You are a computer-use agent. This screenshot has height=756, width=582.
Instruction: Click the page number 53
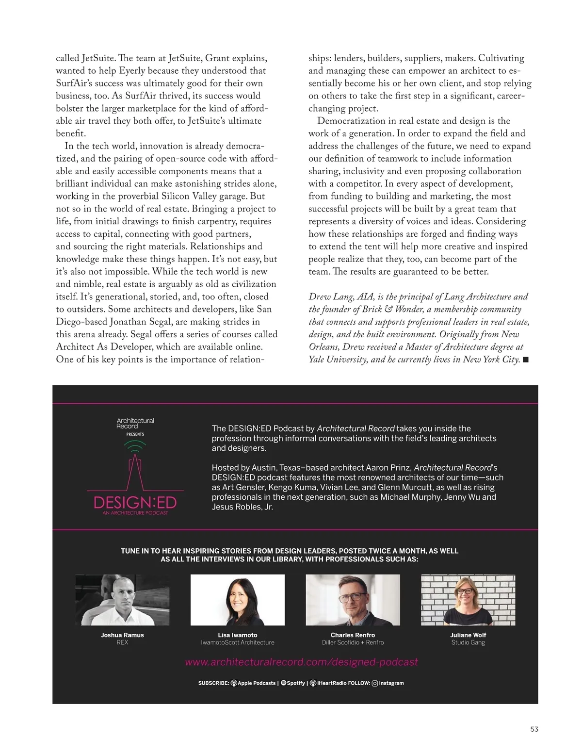pyautogui.click(x=534, y=729)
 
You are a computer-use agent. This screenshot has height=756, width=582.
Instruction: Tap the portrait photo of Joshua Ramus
pyautogui.click(x=122, y=600)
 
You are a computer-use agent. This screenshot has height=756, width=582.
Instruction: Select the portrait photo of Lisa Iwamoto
pyautogui.click(x=238, y=600)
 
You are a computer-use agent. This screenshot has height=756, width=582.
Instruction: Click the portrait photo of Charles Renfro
pyautogui.click(x=353, y=600)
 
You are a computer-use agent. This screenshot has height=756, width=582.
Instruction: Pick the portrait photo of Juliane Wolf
pyautogui.click(x=468, y=600)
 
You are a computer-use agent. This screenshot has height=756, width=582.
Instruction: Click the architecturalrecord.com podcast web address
pyautogui.click(x=301, y=662)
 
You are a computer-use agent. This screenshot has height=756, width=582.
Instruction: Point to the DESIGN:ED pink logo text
pyautogui.click(x=135, y=502)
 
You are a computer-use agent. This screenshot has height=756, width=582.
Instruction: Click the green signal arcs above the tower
pyautogui.click(x=135, y=446)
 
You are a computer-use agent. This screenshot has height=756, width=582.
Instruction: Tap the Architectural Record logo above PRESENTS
pyautogui.click(x=135, y=423)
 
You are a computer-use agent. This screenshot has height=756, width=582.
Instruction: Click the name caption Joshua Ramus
pyautogui.click(x=122, y=635)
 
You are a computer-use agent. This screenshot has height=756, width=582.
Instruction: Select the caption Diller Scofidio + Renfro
pyautogui.click(x=353, y=642)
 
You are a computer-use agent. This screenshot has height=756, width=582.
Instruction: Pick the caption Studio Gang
pyautogui.click(x=468, y=642)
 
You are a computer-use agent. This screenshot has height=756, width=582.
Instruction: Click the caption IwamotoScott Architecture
pyautogui.click(x=238, y=642)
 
